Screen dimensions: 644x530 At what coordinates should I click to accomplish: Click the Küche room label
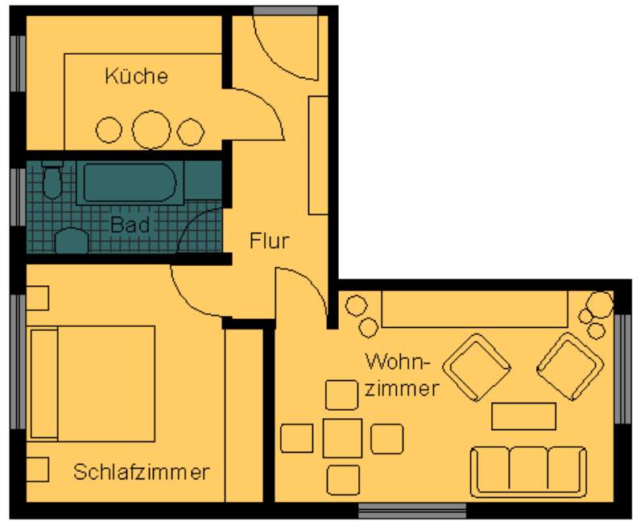(x=136, y=77)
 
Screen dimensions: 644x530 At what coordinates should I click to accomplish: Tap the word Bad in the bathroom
(x=130, y=225)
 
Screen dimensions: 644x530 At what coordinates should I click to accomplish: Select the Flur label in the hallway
(x=270, y=240)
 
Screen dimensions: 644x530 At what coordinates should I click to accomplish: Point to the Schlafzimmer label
(x=142, y=472)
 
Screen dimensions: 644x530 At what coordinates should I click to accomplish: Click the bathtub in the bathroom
(x=130, y=183)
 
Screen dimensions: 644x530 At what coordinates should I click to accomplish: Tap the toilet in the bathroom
(x=52, y=180)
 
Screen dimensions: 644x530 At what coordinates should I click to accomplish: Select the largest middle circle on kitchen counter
(x=151, y=130)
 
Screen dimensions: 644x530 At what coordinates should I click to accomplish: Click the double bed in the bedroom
(x=93, y=383)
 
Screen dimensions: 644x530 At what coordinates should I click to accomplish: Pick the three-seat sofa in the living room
(x=528, y=472)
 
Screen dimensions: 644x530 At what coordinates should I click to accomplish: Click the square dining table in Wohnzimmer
(x=343, y=438)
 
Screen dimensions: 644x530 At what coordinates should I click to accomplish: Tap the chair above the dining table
(x=341, y=395)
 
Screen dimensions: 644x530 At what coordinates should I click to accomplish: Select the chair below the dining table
(x=344, y=480)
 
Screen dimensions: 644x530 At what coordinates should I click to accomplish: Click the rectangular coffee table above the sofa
(x=524, y=416)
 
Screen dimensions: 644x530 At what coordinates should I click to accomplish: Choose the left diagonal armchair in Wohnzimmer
(x=477, y=367)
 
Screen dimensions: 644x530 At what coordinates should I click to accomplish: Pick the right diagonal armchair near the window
(x=571, y=366)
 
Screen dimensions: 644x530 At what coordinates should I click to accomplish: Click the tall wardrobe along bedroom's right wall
(x=244, y=415)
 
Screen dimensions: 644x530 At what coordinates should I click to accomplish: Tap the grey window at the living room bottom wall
(x=412, y=511)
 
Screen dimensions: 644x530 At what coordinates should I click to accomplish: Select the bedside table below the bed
(x=38, y=470)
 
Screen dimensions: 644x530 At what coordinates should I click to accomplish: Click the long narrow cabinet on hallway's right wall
(x=318, y=155)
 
